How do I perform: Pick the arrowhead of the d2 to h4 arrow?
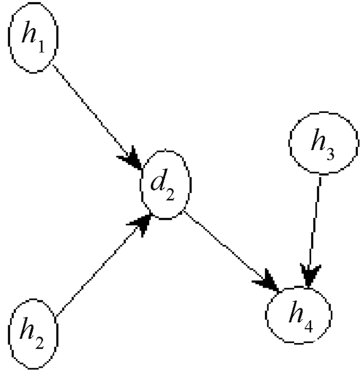point(271,281)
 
